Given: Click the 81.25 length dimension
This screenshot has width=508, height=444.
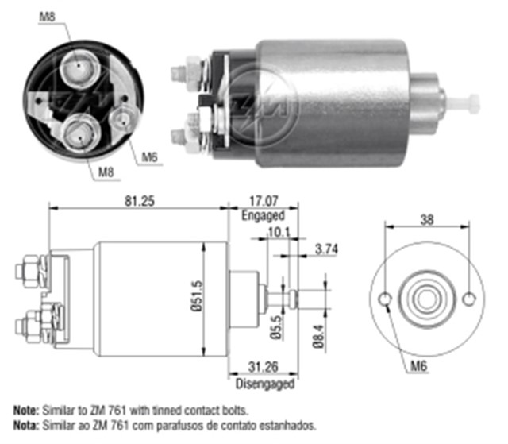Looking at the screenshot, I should (137, 200).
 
